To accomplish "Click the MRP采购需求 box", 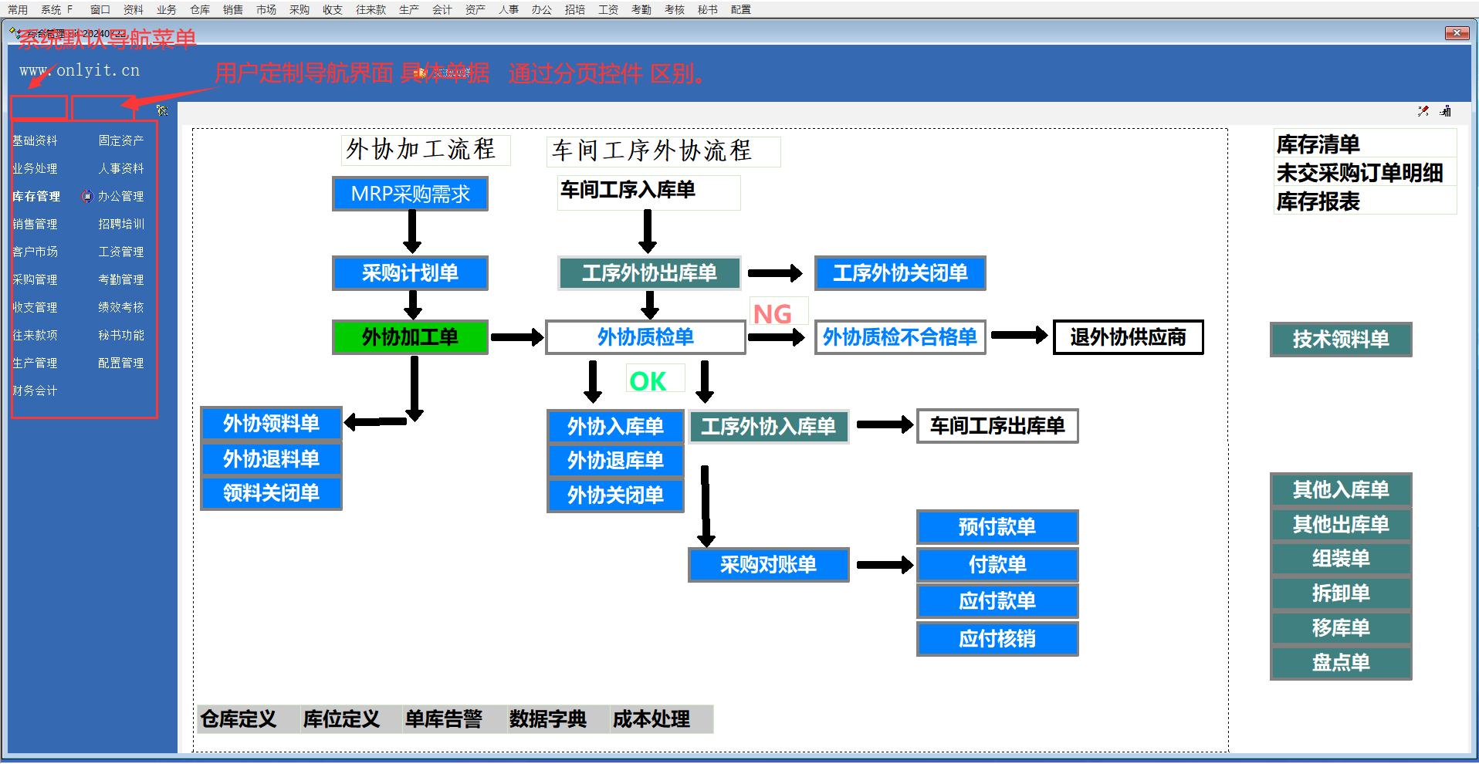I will pyautogui.click(x=410, y=194).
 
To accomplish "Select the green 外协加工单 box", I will pyautogui.click(x=410, y=337).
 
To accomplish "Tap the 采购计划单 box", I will pyautogui.click(x=410, y=273).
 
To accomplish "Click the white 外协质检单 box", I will pyautogui.click(x=645, y=337).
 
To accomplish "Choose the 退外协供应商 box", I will pyautogui.click(x=1128, y=337).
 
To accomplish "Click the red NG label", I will pyautogui.click(x=772, y=314).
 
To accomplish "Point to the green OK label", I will pyautogui.click(x=648, y=381).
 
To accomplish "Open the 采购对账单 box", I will pyautogui.click(x=768, y=565).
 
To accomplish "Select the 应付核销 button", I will pyautogui.click(x=997, y=639).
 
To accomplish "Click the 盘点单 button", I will pyautogui.click(x=1341, y=663).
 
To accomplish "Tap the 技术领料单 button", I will pyautogui.click(x=1341, y=340).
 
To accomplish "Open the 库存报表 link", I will pyautogui.click(x=1318, y=202).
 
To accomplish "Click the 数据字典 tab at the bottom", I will pyautogui.click(x=547, y=719).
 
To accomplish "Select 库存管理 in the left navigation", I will pyautogui.click(x=36, y=197).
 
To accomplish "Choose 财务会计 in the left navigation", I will pyautogui.click(x=35, y=391).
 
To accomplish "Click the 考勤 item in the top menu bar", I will pyautogui.click(x=641, y=10).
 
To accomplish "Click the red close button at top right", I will pyautogui.click(x=1457, y=33).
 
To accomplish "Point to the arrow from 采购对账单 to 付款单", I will pyautogui.click(x=885, y=565).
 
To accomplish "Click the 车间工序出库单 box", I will pyautogui.click(x=997, y=426).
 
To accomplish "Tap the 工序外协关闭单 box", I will pyautogui.click(x=900, y=273).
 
